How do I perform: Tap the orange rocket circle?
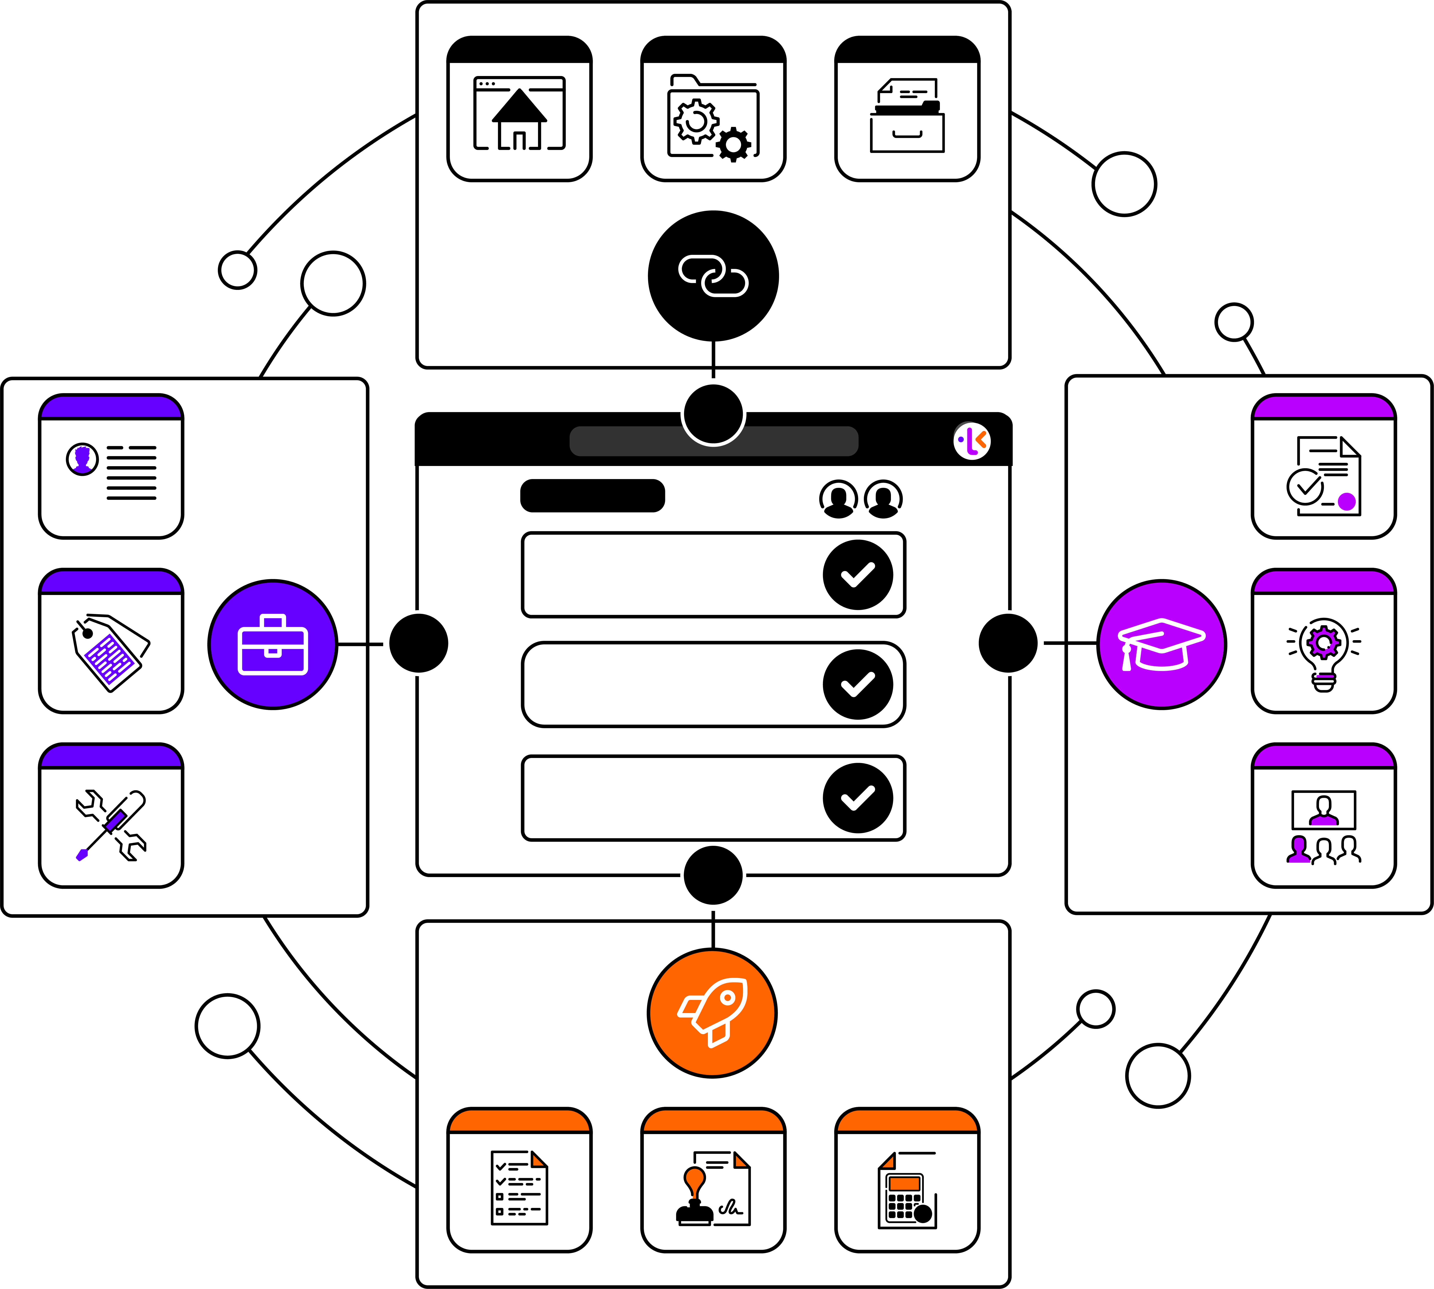(712, 1013)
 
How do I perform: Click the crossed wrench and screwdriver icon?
(111, 825)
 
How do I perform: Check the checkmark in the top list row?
(858, 574)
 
